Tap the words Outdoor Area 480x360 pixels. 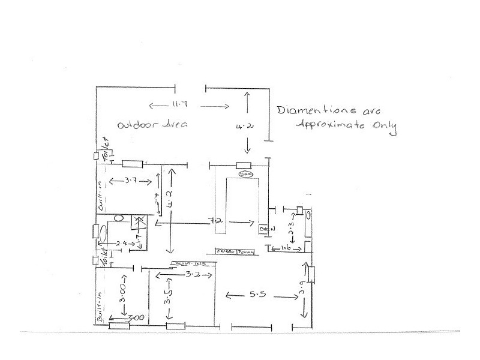point(152,125)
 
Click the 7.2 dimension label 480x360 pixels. point(213,222)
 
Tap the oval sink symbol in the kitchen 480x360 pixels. point(245,175)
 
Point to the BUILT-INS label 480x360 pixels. point(190,263)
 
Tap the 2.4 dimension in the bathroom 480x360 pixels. point(122,243)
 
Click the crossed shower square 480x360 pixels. point(139,221)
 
